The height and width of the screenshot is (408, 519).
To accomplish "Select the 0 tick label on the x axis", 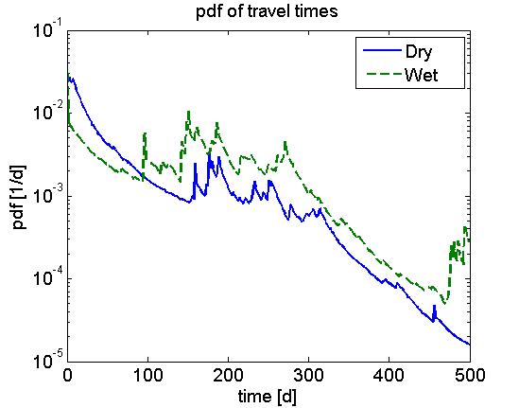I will click(x=67, y=374).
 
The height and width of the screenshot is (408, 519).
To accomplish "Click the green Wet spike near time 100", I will click(x=145, y=134).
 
